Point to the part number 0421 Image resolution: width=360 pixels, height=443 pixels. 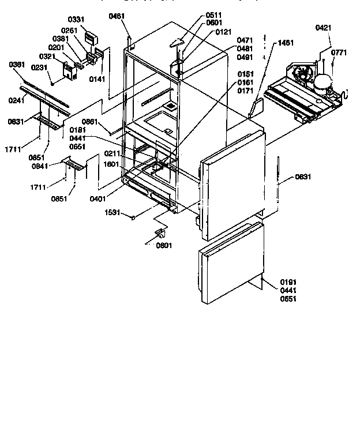[x=324, y=27]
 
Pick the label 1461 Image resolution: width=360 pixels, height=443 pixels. [x=284, y=43]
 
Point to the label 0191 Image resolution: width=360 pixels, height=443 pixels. [x=288, y=281]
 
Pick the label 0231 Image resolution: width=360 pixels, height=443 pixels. [x=39, y=67]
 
